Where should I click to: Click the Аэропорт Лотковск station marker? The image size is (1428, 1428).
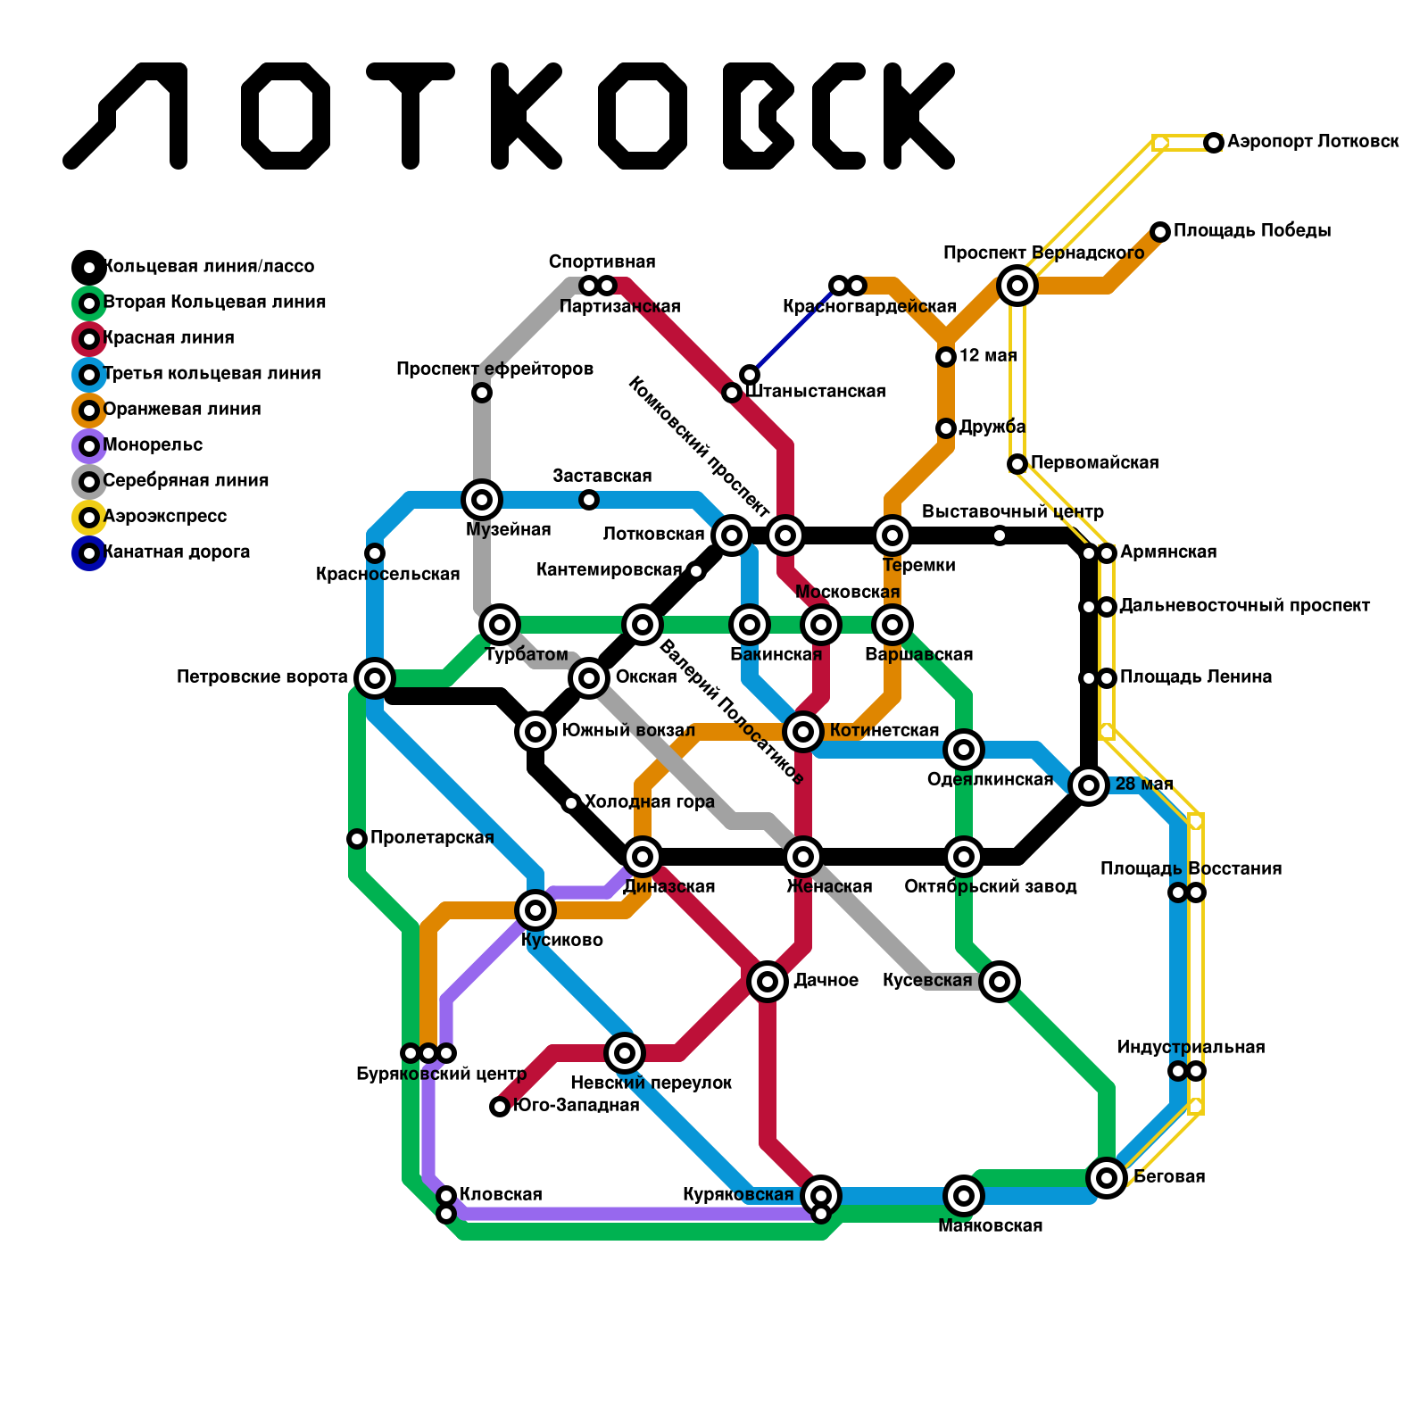pyautogui.click(x=1213, y=143)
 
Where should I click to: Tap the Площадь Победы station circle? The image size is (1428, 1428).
pyautogui.click(x=1159, y=232)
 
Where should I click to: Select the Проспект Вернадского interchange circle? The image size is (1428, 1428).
pyautogui.click(x=1017, y=286)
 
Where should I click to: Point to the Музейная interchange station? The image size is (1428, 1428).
pyautogui.click(x=482, y=500)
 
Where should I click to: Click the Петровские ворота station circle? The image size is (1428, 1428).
pyautogui.click(x=375, y=678)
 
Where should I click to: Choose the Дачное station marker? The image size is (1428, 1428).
pyautogui.click(x=768, y=982)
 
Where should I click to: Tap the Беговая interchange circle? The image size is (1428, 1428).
pyautogui.click(x=1107, y=1178)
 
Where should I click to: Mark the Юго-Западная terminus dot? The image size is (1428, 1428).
pyautogui.click(x=500, y=1107)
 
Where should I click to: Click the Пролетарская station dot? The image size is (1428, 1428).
pyautogui.click(x=357, y=839)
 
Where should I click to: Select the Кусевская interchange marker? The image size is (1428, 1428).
pyautogui.click(x=1000, y=982)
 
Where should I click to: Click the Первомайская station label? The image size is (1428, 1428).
pyautogui.click(x=1094, y=463)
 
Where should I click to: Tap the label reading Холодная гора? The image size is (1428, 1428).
pyautogui.click(x=649, y=802)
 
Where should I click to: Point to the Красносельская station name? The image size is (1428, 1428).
pyautogui.click(x=387, y=575)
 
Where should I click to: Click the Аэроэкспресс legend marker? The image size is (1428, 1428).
pyautogui.click(x=89, y=517)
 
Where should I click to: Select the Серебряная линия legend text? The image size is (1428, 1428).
pyautogui.click(x=186, y=481)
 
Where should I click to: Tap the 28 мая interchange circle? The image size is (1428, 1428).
pyautogui.click(x=1089, y=785)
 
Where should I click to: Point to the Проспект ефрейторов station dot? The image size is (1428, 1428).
pyautogui.click(x=482, y=393)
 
